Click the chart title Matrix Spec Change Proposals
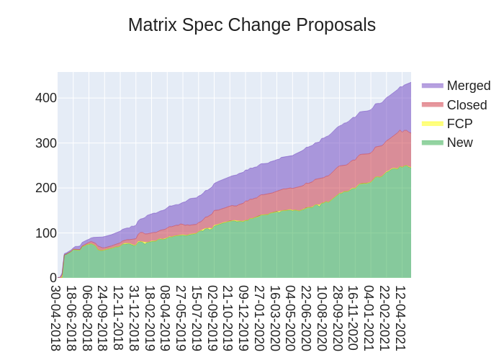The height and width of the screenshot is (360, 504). [252, 25]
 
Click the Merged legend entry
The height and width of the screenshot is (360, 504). [468, 86]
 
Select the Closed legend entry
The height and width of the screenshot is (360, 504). [467, 105]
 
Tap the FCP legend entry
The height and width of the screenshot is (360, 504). [459, 124]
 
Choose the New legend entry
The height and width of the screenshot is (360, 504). [459, 143]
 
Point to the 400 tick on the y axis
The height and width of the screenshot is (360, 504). [46, 98]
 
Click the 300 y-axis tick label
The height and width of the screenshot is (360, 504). [46, 143]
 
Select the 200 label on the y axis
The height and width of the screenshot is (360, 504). [46, 188]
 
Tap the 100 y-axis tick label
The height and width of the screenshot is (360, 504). [46, 233]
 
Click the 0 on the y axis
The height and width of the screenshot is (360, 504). [53, 278]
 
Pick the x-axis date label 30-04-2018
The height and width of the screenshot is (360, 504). [56, 318]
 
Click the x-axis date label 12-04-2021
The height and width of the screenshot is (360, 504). [400, 318]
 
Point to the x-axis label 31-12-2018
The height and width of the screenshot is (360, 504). [135, 318]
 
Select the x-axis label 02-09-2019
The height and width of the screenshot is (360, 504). [212, 318]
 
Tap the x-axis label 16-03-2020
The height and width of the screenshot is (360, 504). [275, 318]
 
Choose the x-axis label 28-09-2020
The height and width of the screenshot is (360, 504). [338, 318]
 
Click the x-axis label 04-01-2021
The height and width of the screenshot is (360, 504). [369, 318]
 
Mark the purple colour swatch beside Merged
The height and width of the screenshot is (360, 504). [432, 86]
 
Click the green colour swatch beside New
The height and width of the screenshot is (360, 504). [432, 143]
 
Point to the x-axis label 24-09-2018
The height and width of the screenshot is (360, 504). [103, 318]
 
